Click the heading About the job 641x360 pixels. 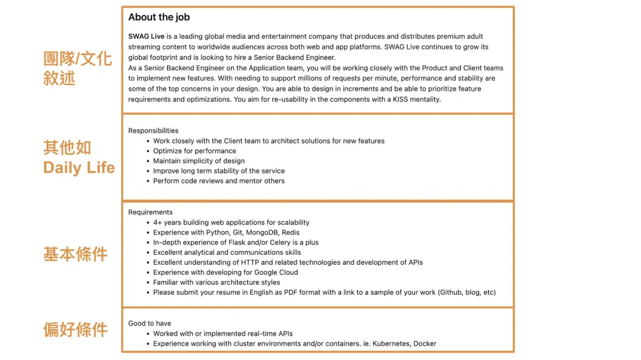pos(159,18)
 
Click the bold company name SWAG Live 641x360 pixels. pos(146,36)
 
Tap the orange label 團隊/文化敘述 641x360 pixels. pos(77,68)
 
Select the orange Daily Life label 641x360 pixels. pos(79,168)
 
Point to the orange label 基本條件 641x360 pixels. pos(76,254)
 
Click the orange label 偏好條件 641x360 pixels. pos(76,330)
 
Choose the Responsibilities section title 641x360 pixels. pos(153,131)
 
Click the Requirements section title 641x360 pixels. pos(150,212)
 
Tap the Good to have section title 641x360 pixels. pos(150,324)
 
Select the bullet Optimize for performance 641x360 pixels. pos(195,151)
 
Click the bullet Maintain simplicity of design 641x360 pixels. pos(199,161)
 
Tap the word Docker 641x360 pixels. pos(424,344)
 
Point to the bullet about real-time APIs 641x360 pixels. pos(223,334)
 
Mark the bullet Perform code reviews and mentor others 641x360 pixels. pos(219,181)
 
